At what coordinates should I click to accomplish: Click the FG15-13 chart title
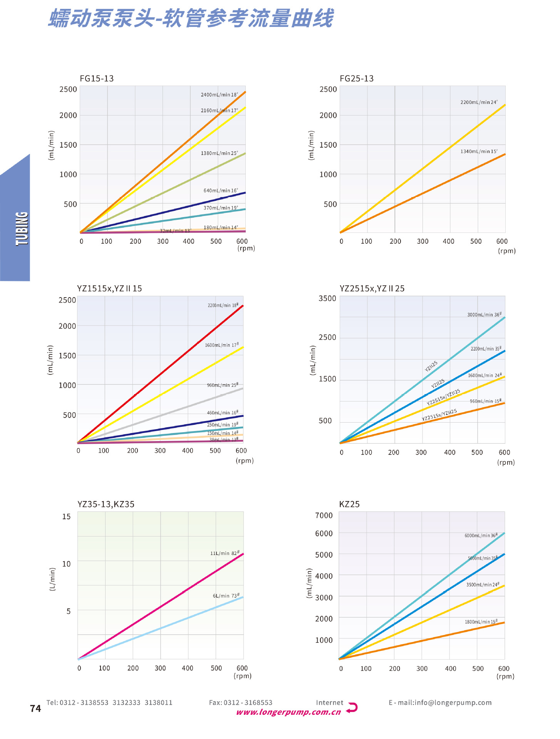[97, 79]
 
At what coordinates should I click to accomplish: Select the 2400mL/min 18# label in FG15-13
[219, 95]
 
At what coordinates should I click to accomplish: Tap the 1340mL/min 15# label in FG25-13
[479, 151]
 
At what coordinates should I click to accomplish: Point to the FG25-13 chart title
[357, 79]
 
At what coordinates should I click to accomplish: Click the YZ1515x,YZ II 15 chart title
[109, 289]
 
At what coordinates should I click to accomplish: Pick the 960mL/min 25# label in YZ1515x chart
[223, 385]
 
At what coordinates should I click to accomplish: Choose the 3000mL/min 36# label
[484, 314]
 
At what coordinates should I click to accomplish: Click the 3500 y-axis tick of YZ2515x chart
[327, 298]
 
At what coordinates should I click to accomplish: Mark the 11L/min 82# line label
[225, 553]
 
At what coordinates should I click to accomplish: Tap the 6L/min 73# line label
[226, 595]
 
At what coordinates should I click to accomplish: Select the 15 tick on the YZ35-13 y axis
[67, 517]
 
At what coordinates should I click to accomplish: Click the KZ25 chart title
[349, 504]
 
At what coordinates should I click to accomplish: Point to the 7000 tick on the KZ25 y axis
[324, 515]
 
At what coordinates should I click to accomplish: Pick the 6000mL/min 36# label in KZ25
[481, 535]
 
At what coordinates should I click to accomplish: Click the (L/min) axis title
[53, 579]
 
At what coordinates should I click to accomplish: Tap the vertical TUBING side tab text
[22, 228]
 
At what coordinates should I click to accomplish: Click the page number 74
[35, 709]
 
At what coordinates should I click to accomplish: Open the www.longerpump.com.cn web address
[288, 712]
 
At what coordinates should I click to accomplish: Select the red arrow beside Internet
[352, 707]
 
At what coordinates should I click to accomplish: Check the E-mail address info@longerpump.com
[440, 703]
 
